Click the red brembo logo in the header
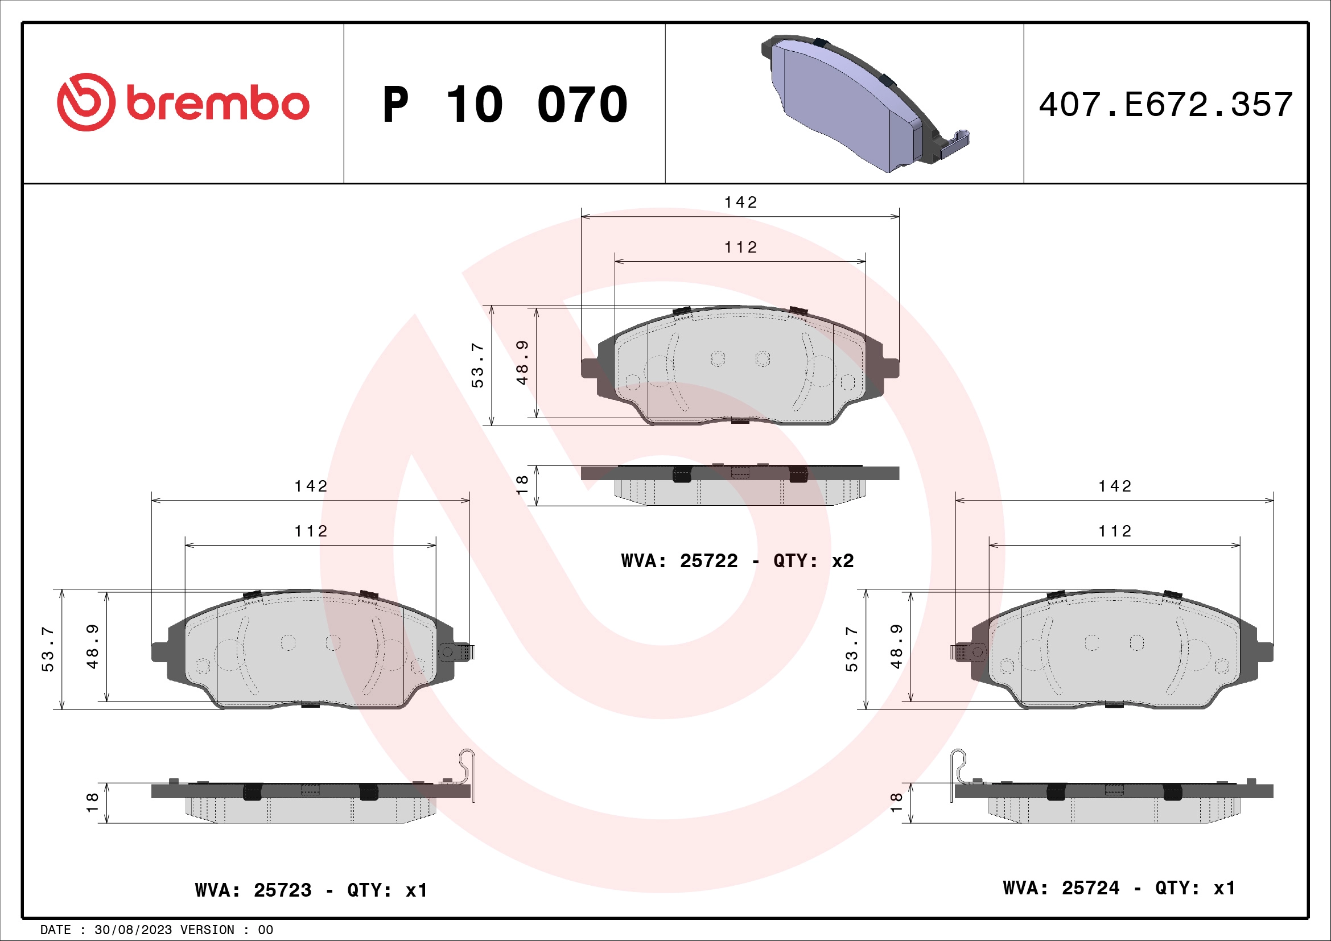[x=183, y=102]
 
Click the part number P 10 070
[x=504, y=105]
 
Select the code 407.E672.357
[x=1165, y=105]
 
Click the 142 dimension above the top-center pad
[x=740, y=202]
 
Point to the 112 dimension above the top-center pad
[x=740, y=247]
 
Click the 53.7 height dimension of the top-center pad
[x=477, y=365]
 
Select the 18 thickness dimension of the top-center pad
[x=522, y=485]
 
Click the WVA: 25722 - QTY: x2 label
[x=737, y=561]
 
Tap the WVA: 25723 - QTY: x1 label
[x=311, y=890]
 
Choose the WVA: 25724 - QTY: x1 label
[x=1119, y=888]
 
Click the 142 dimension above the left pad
[x=311, y=486]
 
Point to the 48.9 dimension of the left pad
[x=92, y=647]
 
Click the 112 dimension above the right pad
[x=1115, y=531]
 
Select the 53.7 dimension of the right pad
[x=851, y=649]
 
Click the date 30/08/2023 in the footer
[x=133, y=930]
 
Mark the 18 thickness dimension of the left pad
[x=92, y=803]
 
